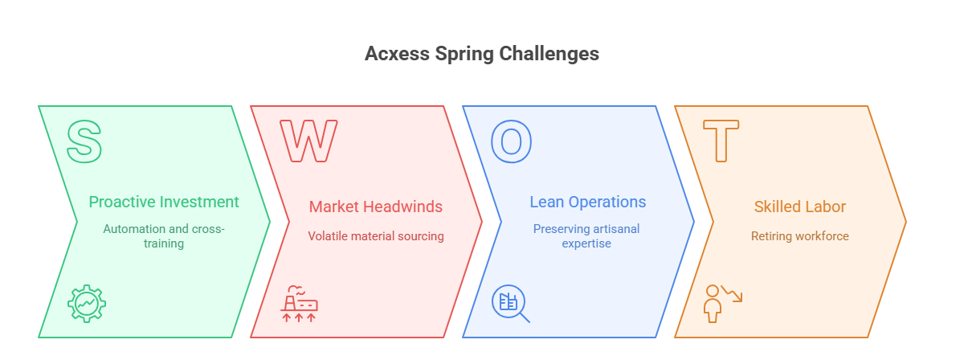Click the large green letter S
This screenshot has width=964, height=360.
click(84, 141)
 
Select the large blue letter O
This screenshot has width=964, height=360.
click(511, 141)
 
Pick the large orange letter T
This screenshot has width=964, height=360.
click(721, 141)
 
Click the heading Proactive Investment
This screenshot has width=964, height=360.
click(164, 202)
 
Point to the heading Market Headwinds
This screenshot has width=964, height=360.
click(376, 207)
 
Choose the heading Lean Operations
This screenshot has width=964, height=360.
click(588, 202)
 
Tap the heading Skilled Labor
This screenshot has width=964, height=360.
click(800, 207)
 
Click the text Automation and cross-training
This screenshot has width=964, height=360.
click(164, 235)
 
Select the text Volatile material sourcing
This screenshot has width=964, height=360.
click(376, 236)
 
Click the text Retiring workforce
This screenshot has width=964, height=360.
click(800, 236)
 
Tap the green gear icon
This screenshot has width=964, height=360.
click(87, 304)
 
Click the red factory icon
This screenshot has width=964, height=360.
click(299, 304)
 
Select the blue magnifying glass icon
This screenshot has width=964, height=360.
click(511, 304)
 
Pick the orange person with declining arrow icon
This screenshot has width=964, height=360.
click(721, 303)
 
